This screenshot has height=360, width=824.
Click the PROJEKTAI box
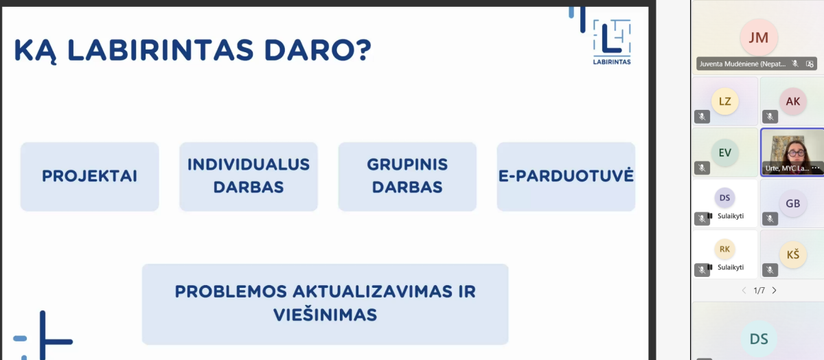(89, 177)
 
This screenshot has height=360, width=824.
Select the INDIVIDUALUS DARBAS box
(249, 177)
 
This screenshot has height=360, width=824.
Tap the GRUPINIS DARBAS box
(407, 177)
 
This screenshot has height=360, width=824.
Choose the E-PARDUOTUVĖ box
(566, 177)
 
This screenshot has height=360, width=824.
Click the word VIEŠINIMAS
(325, 315)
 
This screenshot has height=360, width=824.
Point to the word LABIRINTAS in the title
(161, 49)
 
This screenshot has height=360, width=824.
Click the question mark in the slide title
(364, 49)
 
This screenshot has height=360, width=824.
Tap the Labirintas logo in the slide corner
(612, 42)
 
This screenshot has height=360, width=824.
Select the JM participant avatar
(759, 38)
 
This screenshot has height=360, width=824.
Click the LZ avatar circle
(724, 101)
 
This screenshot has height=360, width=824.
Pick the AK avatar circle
(792, 101)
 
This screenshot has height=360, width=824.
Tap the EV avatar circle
(724, 153)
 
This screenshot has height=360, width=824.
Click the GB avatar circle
(792, 203)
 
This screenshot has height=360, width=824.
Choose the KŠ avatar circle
(792, 254)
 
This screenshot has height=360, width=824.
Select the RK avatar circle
(724, 249)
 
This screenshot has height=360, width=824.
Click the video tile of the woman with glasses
(792, 153)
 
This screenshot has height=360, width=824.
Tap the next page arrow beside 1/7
(775, 291)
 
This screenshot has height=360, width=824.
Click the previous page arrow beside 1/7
(744, 291)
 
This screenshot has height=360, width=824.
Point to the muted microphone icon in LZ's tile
(702, 117)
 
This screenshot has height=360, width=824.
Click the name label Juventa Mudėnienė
(742, 64)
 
